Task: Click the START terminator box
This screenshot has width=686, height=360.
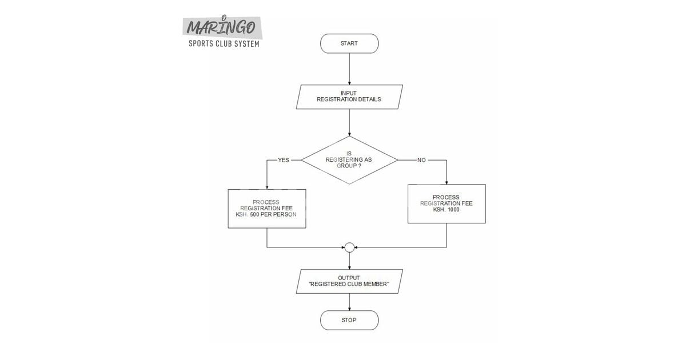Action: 349,43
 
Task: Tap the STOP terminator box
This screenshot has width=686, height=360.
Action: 349,320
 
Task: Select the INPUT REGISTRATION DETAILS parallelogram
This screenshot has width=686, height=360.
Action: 349,96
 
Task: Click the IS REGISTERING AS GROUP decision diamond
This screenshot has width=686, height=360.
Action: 349,160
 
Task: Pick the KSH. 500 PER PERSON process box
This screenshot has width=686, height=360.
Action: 266,208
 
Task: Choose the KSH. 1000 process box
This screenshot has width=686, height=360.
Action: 446,203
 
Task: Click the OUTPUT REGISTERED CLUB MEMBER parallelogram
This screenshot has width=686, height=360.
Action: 349,281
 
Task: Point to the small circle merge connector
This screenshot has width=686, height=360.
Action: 349,247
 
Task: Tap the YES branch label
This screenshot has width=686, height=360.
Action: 284,160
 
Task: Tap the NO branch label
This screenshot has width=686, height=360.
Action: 421,160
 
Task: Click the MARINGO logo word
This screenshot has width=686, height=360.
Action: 221,27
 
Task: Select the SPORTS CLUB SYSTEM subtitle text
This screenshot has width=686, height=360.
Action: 224,44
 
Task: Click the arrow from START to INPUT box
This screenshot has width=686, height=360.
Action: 349,69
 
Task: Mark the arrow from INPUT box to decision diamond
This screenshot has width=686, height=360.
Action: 349,122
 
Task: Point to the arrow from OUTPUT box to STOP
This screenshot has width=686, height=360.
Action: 349,302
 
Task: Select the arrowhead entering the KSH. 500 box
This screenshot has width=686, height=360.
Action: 267,186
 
